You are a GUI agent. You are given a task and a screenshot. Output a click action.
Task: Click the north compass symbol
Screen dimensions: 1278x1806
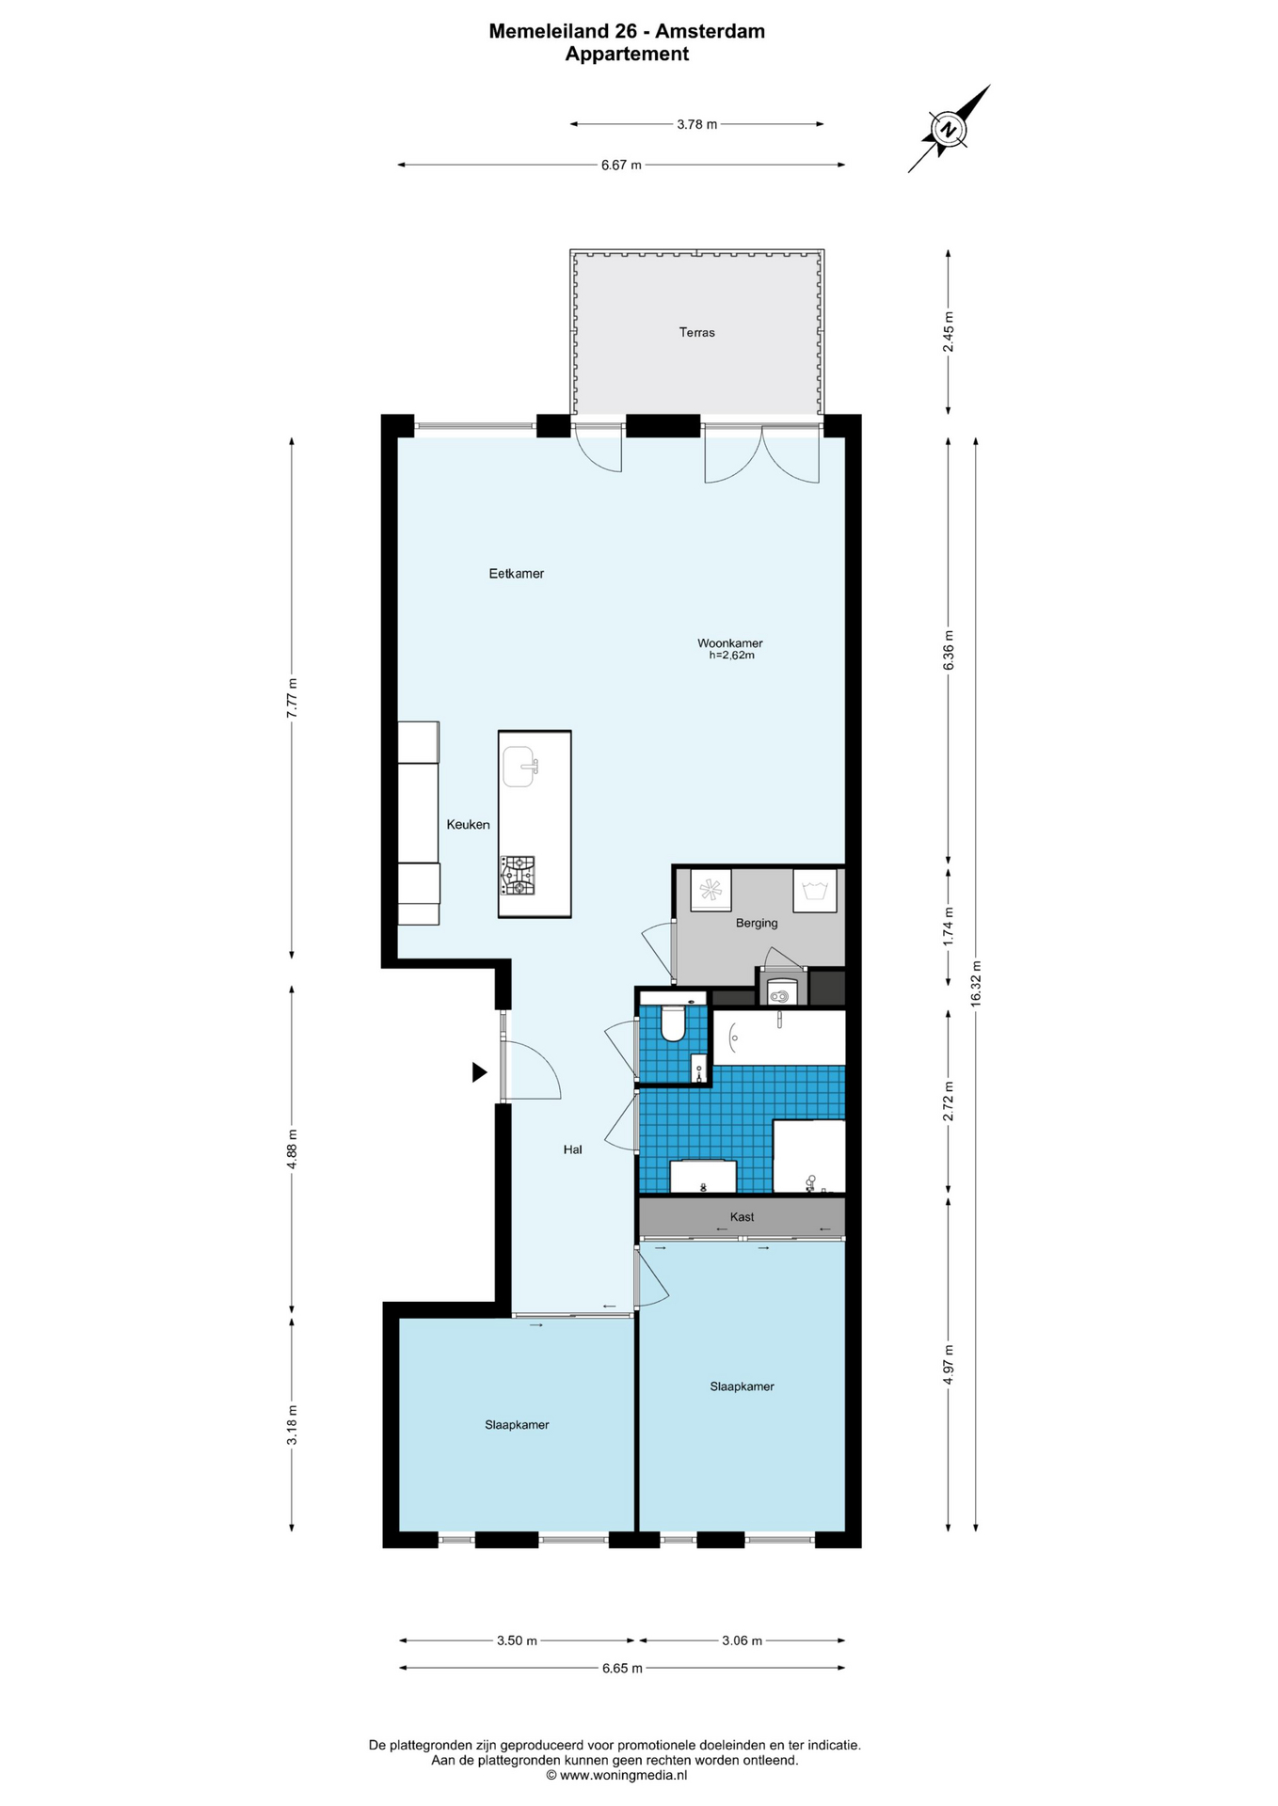tap(949, 129)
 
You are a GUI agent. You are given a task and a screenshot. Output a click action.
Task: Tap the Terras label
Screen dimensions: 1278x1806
tap(697, 332)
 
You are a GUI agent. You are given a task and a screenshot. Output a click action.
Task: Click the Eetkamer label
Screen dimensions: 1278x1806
tap(517, 573)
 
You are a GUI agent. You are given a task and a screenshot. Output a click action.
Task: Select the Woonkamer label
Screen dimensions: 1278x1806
tap(730, 643)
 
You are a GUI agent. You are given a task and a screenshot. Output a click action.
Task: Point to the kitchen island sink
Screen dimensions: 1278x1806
tap(519, 767)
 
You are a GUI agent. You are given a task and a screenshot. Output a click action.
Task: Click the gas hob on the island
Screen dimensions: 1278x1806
tap(518, 875)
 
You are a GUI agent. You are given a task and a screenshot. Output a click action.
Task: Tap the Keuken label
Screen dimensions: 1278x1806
tap(468, 824)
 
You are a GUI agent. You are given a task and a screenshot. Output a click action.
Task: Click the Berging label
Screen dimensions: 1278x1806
tap(757, 923)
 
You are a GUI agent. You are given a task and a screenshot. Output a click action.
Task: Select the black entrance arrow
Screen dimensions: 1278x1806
tap(479, 1071)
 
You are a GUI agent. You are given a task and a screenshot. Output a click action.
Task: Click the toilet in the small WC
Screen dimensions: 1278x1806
tap(673, 1022)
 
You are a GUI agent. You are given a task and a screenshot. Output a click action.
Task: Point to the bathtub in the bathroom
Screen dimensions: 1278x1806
tap(778, 1038)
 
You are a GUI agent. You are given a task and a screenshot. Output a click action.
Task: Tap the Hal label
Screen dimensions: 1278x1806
tap(572, 1149)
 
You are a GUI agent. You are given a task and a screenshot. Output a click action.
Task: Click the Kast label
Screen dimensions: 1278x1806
tap(742, 1216)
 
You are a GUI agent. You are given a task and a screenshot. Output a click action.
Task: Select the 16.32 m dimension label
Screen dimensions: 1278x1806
tap(976, 983)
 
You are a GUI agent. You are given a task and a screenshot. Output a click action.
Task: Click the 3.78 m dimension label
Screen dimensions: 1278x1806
tap(697, 124)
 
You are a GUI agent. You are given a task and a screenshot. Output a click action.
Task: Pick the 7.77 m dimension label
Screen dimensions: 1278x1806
tap(292, 698)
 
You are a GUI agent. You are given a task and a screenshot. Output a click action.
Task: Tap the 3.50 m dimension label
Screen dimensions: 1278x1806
tap(517, 1640)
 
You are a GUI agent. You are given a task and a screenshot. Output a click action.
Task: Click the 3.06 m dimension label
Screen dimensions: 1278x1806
tap(742, 1640)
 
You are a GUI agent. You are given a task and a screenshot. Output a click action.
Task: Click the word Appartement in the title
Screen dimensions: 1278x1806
tap(627, 54)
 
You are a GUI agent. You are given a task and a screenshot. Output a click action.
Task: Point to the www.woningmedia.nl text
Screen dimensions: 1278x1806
tap(623, 1775)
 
